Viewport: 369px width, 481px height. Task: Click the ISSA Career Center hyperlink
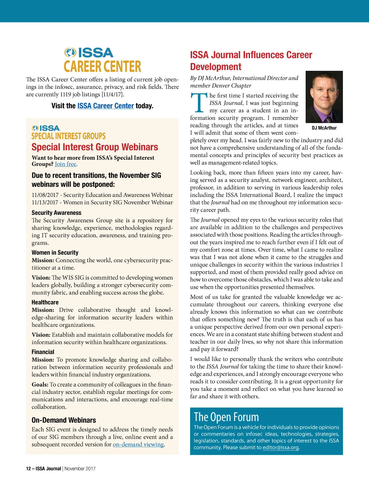pos(105,106)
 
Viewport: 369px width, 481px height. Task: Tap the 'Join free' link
pos(65,164)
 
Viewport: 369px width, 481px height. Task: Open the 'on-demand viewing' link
pos(138,444)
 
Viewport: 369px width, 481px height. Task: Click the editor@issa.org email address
pos(280,447)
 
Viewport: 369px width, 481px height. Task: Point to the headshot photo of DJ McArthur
pos(324,97)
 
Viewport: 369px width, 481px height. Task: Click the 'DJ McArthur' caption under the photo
pos(324,128)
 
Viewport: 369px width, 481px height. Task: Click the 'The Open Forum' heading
pos(226,417)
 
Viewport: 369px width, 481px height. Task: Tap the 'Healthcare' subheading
pos(45,302)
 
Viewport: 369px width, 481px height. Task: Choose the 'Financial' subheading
pos(43,352)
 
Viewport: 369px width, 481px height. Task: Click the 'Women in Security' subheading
pos(55,252)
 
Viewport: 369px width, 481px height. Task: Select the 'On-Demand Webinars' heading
pos(64,420)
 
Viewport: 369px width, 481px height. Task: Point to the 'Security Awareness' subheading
pos(56,213)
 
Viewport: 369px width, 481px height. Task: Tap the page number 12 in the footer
pos(28,469)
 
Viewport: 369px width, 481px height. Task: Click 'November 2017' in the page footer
pos(80,469)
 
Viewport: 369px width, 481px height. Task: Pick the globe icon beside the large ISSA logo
pos(70,53)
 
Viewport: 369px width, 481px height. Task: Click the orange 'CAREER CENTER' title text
pos(102,66)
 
